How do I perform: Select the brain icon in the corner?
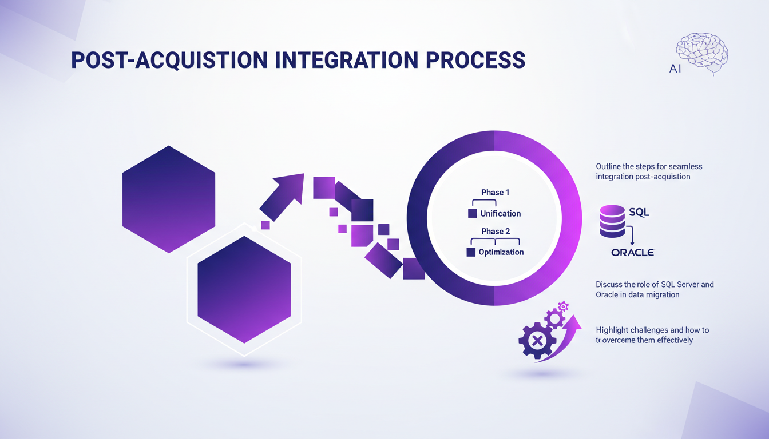click(702, 53)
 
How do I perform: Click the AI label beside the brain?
click(676, 69)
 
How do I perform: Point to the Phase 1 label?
click(495, 193)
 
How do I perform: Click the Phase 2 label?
click(495, 232)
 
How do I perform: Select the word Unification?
click(500, 214)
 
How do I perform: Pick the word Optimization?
click(501, 252)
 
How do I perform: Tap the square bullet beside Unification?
click(472, 214)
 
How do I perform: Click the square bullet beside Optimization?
click(471, 252)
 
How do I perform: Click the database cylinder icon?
click(612, 221)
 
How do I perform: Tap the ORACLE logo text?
click(632, 252)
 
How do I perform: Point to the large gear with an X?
click(537, 341)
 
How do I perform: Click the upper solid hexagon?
click(169, 199)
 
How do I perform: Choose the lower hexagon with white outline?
click(244, 289)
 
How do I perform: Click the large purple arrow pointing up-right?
click(283, 196)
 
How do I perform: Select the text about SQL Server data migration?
click(655, 289)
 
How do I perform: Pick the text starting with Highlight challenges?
click(652, 335)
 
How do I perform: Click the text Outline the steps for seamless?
click(649, 171)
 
